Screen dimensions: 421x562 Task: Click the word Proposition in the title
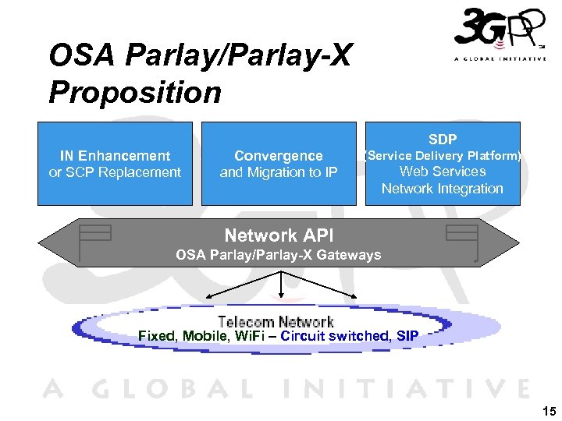click(135, 93)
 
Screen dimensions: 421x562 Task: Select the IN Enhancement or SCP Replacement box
click(115, 164)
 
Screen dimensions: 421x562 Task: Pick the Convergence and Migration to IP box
click(279, 164)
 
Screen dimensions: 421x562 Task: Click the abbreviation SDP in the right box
click(443, 140)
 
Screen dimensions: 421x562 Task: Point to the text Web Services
click(443, 172)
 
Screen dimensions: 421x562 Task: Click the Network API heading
click(271, 235)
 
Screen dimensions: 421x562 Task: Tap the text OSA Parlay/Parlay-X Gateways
click(279, 255)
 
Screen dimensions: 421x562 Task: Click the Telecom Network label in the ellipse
click(276, 322)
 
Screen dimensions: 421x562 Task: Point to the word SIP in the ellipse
click(407, 336)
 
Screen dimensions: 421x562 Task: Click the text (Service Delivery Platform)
click(443, 156)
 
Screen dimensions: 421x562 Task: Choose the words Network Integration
click(443, 189)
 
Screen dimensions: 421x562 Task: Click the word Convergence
click(279, 156)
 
